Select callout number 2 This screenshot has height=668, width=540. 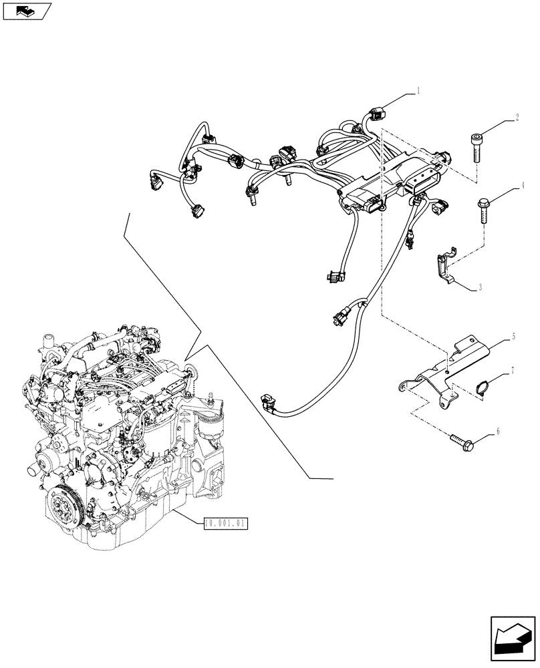click(517, 118)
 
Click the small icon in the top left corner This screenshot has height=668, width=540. click(26, 10)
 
